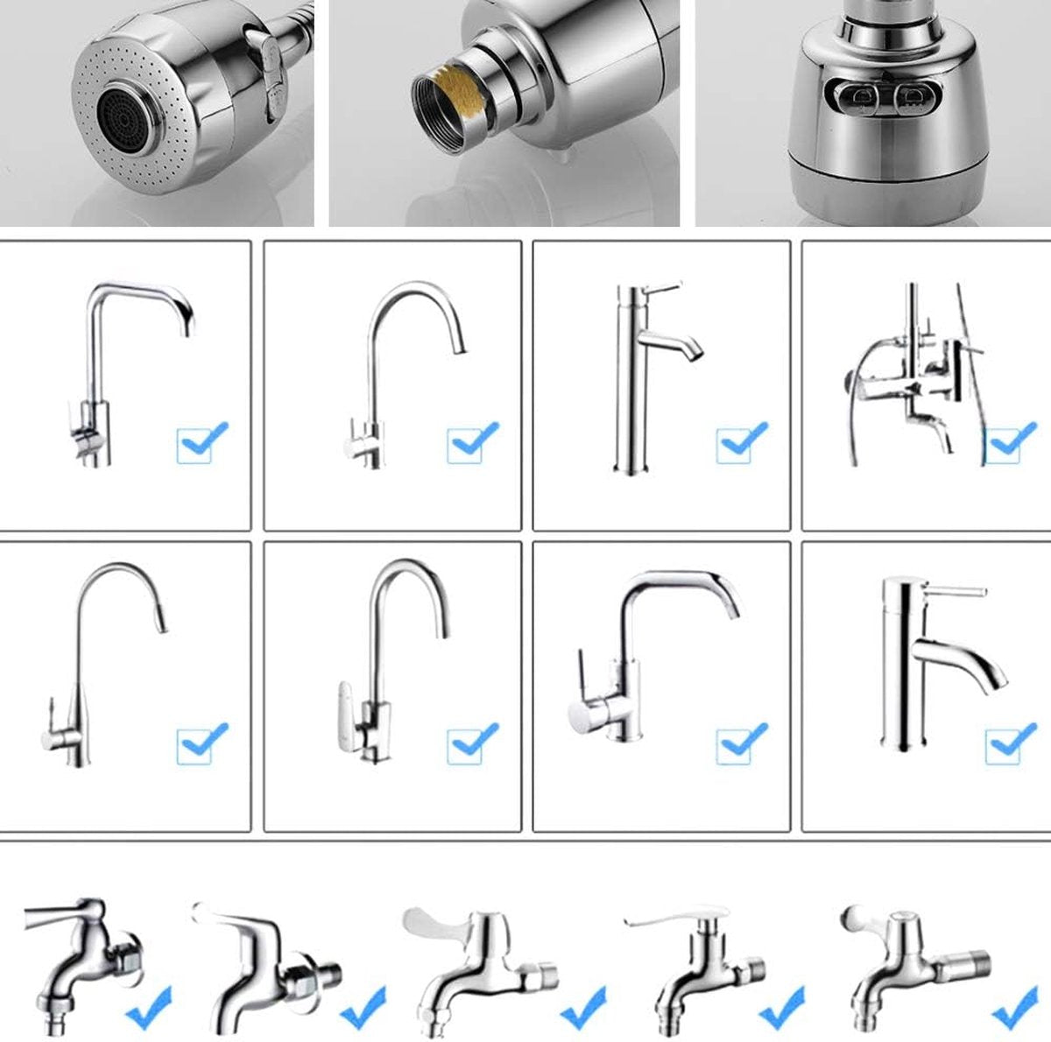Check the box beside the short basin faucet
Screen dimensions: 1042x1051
pos(1005,745)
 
